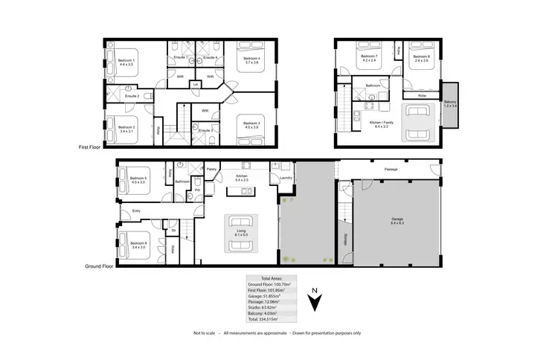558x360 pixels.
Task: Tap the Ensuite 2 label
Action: (132, 96)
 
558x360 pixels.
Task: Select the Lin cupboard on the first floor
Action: (195, 85)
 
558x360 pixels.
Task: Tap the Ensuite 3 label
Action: (206, 130)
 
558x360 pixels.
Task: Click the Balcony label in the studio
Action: (450, 102)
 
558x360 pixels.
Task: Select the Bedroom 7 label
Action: (370, 56)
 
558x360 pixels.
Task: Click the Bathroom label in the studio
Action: (373, 86)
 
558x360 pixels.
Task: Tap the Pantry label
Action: (211, 169)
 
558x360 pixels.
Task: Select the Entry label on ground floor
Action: (136, 211)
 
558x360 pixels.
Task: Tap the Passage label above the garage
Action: (391, 169)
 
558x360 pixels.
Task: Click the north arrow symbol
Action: (315, 301)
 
